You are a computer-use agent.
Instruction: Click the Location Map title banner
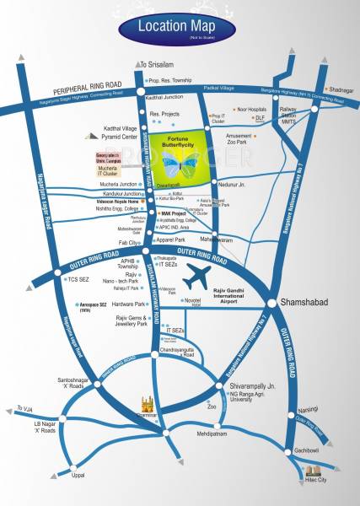[x=177, y=28]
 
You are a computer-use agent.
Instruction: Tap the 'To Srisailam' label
[x=156, y=65]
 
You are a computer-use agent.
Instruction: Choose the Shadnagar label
[x=341, y=89]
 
